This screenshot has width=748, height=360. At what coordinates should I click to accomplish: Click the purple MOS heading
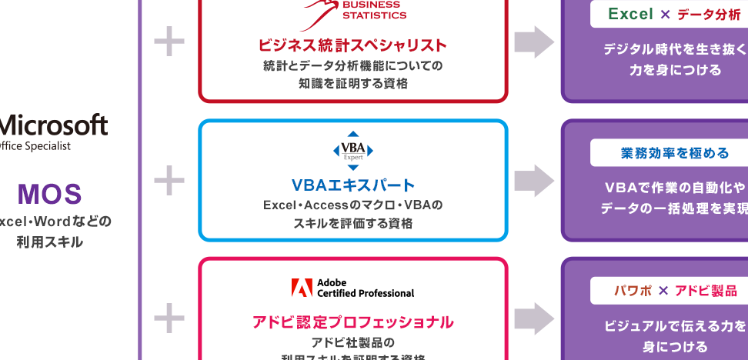pos(49,195)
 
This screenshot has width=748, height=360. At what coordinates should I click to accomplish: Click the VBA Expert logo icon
pos(352,150)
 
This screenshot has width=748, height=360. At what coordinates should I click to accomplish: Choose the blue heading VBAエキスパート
pos(352,185)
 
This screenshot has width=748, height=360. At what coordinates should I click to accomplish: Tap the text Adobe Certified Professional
pos(365,288)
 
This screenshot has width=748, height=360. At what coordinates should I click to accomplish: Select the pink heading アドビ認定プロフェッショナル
pos(352,322)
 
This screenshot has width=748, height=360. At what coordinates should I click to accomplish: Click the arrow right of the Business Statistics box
pos(534,42)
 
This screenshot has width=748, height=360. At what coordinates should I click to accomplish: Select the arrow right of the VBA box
pos(534,181)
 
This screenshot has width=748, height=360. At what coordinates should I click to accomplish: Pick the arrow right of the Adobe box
pos(534,319)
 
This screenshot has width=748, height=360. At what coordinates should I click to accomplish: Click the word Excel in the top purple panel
pos(630,14)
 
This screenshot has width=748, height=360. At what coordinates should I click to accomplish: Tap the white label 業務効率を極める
pos(674,153)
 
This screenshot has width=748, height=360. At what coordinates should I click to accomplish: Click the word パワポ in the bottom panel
pos(633,291)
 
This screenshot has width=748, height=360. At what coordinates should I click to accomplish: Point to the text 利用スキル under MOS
pos(49,242)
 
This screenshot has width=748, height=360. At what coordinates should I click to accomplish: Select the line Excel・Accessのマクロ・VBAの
pos(352,205)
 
